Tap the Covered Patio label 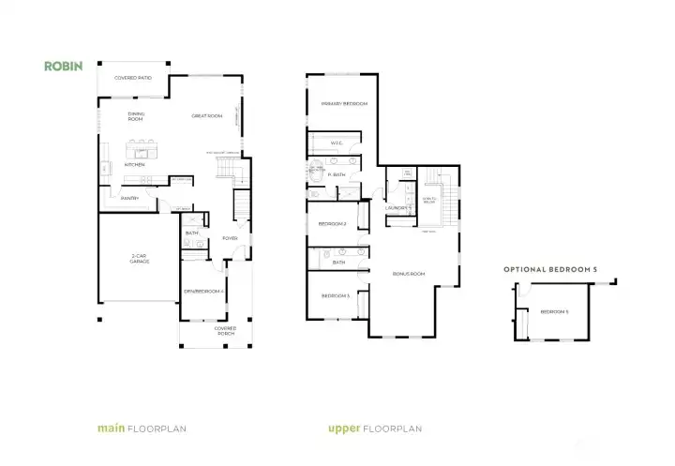point(133,78)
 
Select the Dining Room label point(136,118)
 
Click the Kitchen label point(135,164)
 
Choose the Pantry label point(130,198)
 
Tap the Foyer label point(229,238)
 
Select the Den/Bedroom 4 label point(203,292)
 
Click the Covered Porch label point(225,330)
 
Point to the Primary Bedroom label point(343,103)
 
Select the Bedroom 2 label point(333,224)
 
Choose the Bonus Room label point(409,274)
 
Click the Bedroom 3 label point(336,295)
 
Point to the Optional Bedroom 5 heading point(550,269)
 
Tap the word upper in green point(344,428)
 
